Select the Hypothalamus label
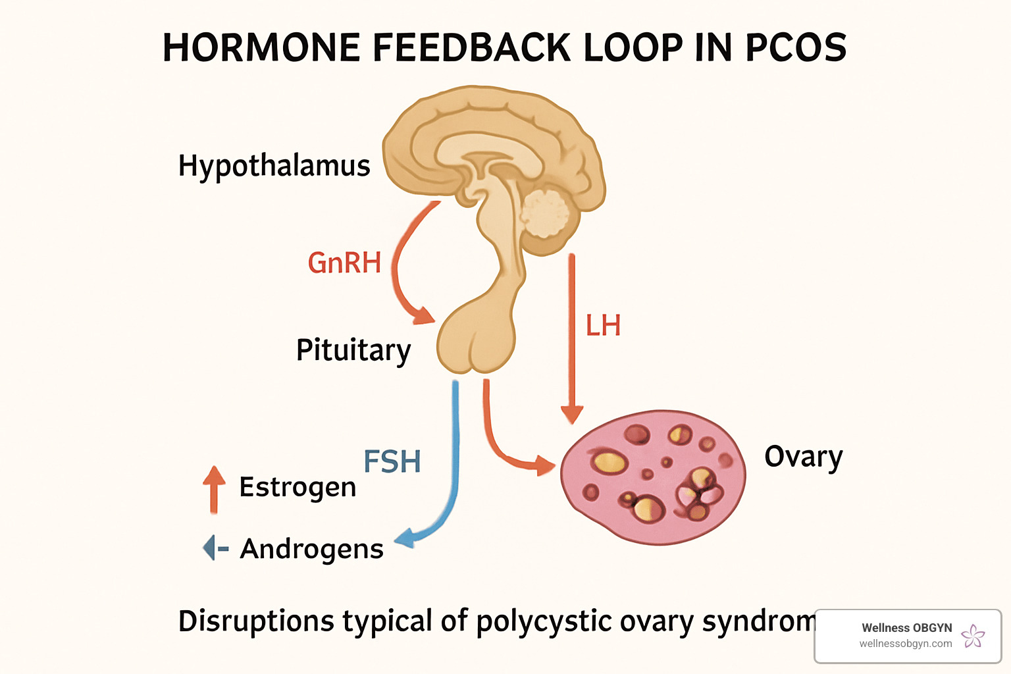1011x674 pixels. click(x=274, y=166)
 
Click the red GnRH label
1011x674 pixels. click(x=344, y=263)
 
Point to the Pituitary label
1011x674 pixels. click(x=353, y=350)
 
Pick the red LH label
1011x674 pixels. click(x=603, y=326)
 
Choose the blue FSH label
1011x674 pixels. click(x=392, y=461)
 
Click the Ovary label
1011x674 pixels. click(x=803, y=457)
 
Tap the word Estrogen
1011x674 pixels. click(x=298, y=488)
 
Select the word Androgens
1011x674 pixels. click(x=311, y=549)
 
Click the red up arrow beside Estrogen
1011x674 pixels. click(x=214, y=488)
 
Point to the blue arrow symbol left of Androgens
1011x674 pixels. click(x=214, y=548)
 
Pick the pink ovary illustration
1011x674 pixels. click(x=653, y=477)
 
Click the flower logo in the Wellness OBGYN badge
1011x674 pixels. click(x=973, y=636)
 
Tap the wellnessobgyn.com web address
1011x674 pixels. click(x=905, y=644)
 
